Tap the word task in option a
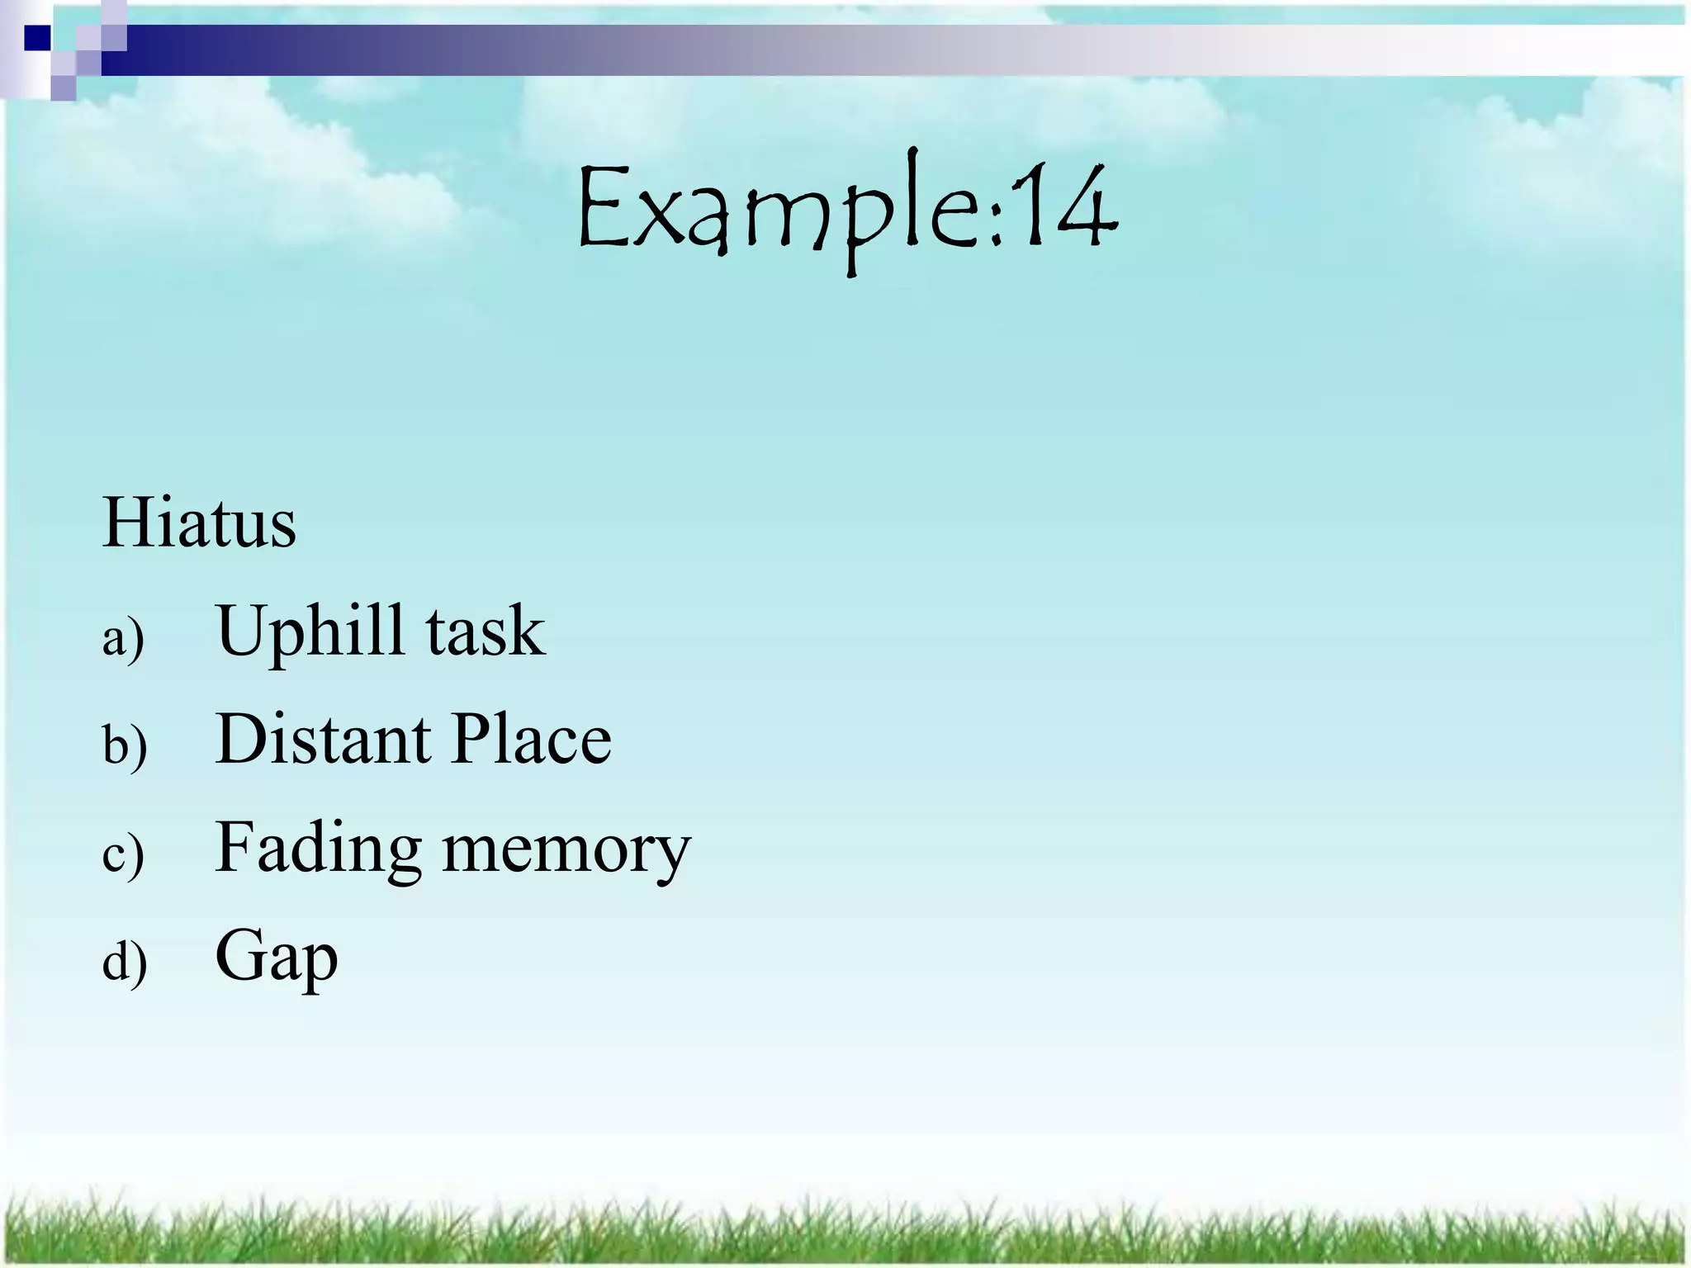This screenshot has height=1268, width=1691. coord(486,632)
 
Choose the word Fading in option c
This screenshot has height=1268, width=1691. coord(319,849)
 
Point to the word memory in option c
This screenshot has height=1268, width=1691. coord(566,850)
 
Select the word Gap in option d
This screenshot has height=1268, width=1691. coord(277,958)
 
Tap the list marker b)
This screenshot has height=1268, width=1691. coord(125,745)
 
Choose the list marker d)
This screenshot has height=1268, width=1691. coord(125,963)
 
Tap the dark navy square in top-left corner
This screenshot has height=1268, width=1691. coord(37,38)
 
